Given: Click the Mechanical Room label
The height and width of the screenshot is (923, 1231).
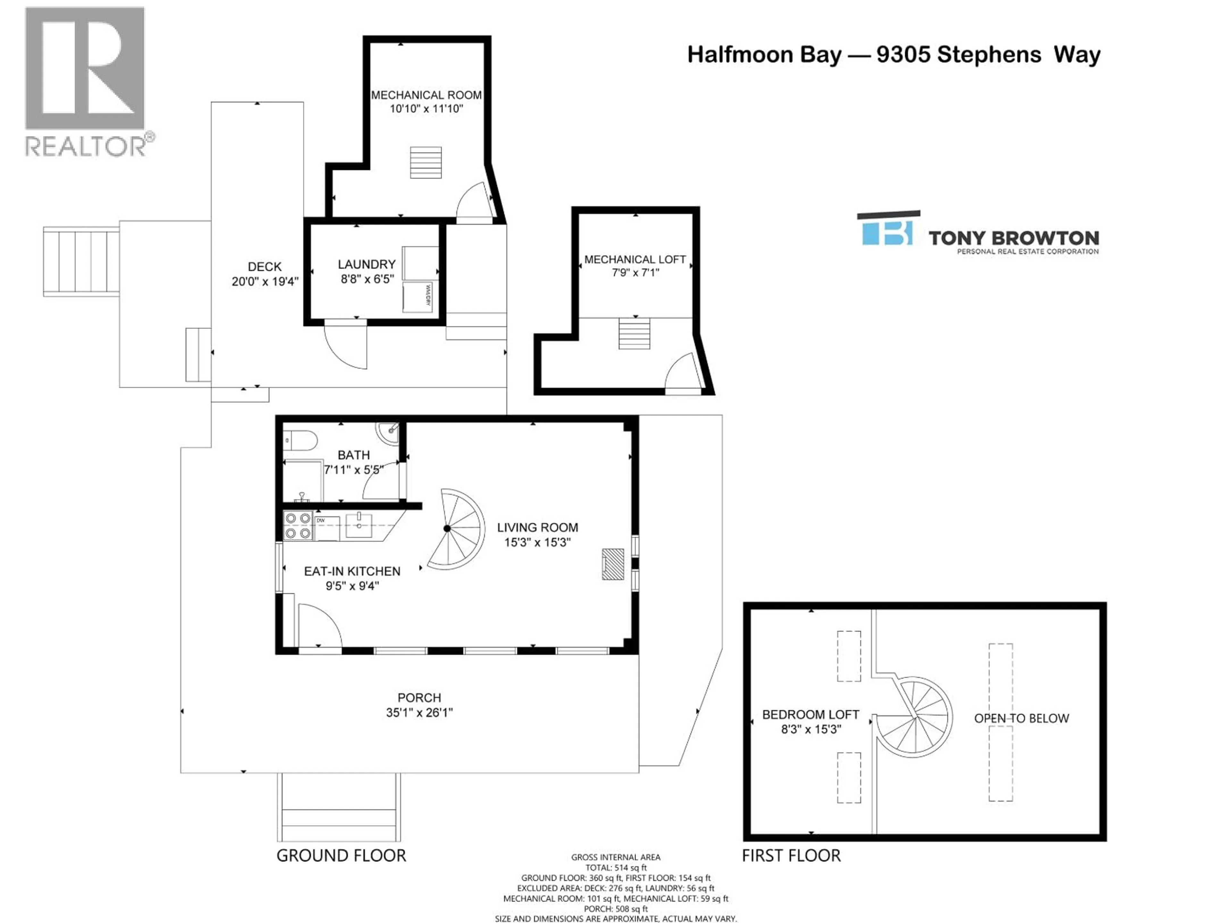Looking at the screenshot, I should [x=426, y=95].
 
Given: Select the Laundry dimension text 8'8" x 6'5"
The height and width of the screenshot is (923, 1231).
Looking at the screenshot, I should [x=367, y=279].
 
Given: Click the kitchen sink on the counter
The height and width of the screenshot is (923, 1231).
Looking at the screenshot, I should [x=359, y=524].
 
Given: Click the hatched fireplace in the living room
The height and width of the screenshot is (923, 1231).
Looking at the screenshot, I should [x=612, y=564].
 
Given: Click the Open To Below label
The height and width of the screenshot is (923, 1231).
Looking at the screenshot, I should [x=1021, y=718].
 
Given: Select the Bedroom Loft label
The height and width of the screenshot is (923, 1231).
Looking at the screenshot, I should [x=810, y=714].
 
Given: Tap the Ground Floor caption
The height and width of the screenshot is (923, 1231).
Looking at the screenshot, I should [x=341, y=856].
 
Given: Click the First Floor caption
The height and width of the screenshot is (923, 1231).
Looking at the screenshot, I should [x=791, y=856].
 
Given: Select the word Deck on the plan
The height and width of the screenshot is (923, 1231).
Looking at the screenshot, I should [x=265, y=267].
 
